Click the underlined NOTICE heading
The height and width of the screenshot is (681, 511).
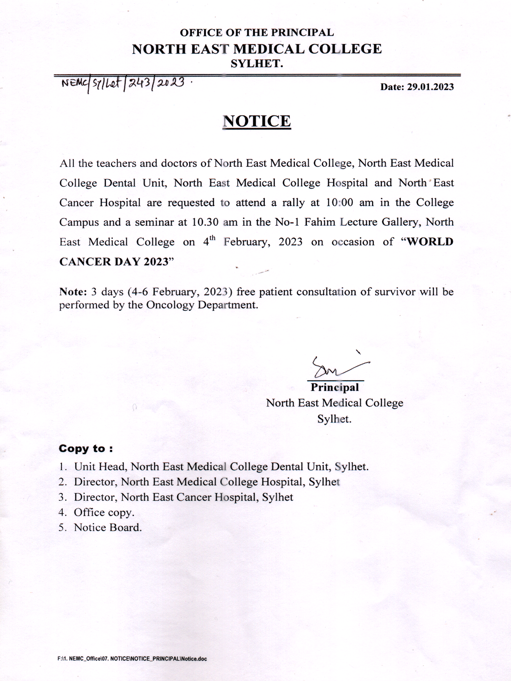click(x=257, y=121)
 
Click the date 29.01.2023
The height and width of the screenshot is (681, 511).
click(x=431, y=87)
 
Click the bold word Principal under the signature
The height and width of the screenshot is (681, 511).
click(x=335, y=387)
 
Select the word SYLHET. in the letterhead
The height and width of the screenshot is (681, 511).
click(x=257, y=64)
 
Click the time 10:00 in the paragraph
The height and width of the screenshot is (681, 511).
click(x=339, y=203)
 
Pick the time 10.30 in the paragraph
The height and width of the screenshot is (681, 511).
click(x=205, y=222)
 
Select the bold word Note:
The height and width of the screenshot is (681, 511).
click(x=73, y=292)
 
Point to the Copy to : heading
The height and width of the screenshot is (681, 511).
click(x=86, y=448)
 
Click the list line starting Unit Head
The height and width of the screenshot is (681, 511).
click(x=221, y=466)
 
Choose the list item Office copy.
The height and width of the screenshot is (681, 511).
click(x=104, y=512)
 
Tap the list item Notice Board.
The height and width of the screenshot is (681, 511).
click(x=108, y=527)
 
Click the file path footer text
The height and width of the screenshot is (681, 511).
click(x=132, y=659)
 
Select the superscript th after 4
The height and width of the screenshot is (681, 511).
click(x=213, y=237)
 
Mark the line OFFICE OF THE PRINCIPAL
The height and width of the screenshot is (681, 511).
click(x=257, y=33)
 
